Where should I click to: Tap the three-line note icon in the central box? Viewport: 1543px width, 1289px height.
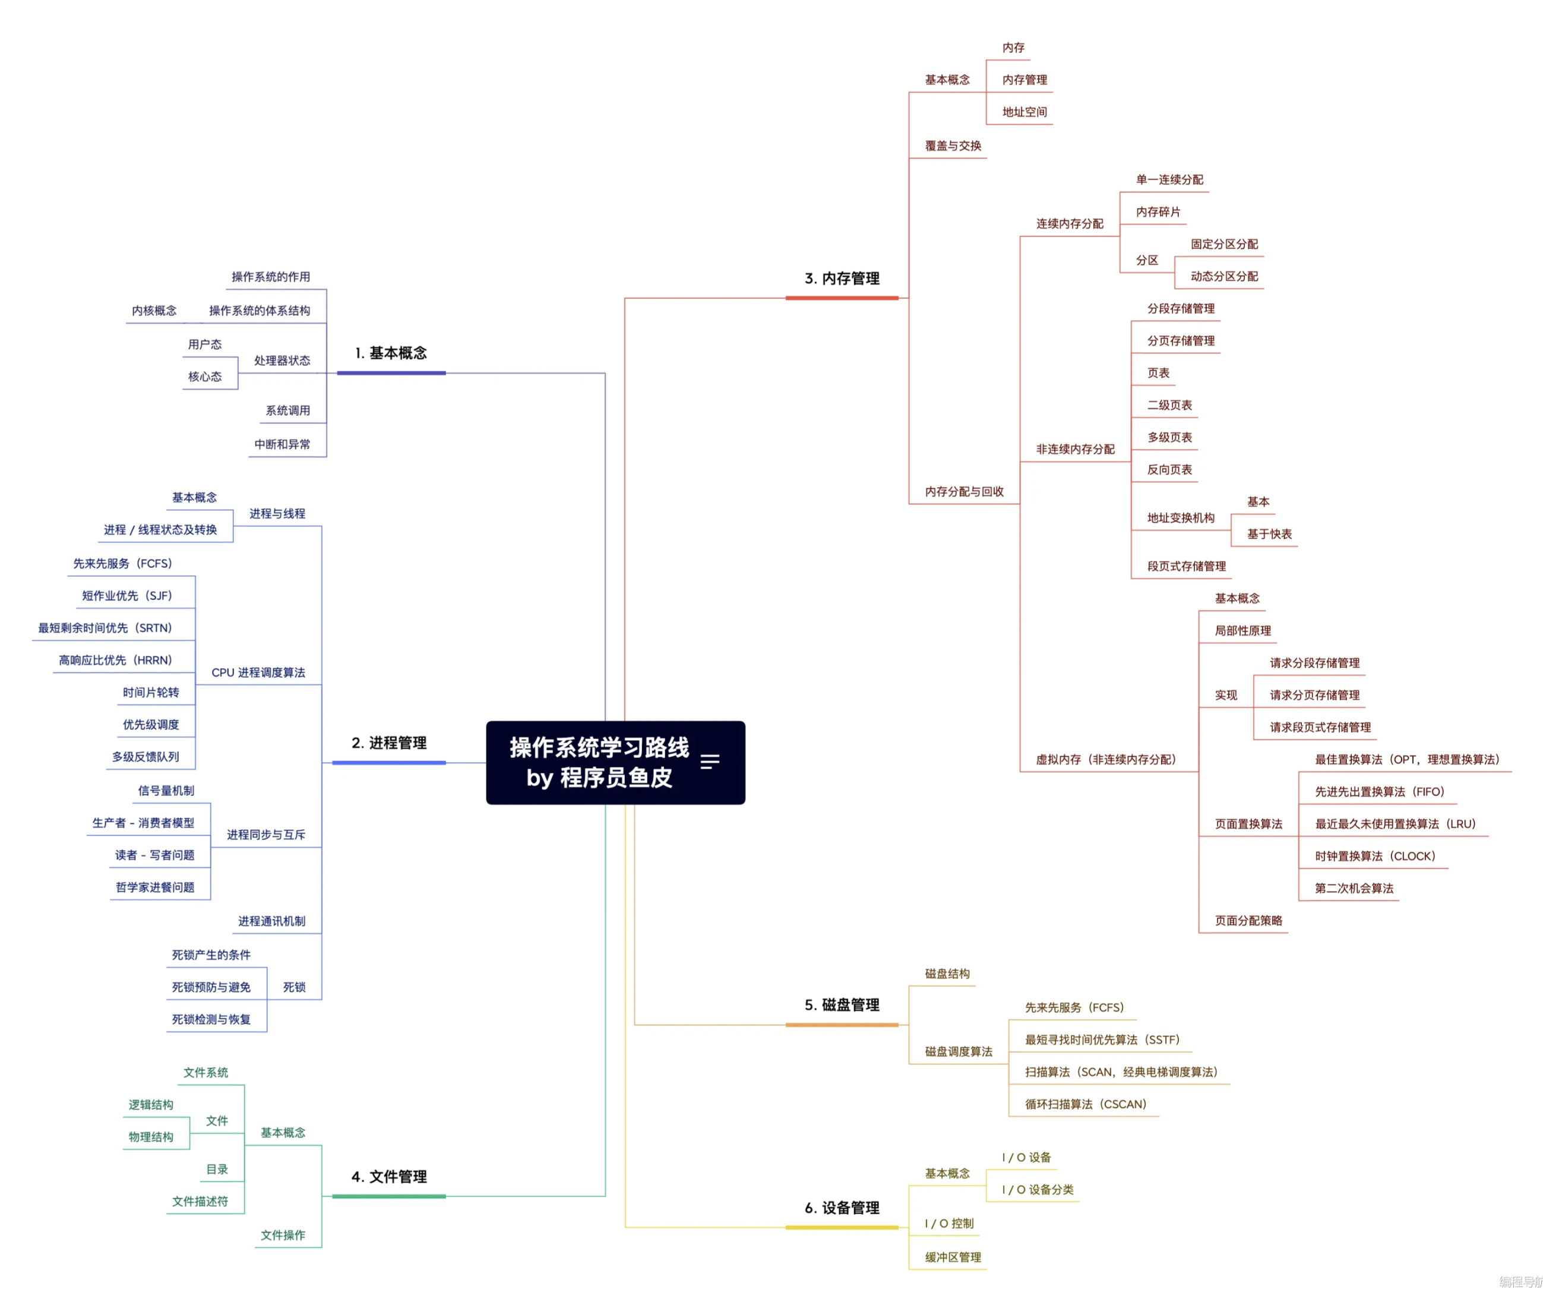(x=710, y=762)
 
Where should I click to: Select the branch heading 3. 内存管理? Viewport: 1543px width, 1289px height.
(x=842, y=279)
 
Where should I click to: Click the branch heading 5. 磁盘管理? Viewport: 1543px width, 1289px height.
(x=842, y=1004)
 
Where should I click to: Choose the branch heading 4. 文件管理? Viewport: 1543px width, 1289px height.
(x=388, y=1177)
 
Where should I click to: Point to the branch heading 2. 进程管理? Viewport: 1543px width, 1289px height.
(x=388, y=743)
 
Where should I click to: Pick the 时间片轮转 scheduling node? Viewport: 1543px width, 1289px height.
(x=151, y=692)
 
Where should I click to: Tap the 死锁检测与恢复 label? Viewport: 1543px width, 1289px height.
(x=211, y=1019)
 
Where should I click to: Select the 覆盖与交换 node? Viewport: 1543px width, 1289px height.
(x=953, y=146)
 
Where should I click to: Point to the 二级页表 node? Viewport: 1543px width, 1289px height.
(x=1170, y=405)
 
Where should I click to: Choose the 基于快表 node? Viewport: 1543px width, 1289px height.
(x=1269, y=534)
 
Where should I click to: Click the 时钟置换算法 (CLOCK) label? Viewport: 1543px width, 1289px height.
(x=1375, y=856)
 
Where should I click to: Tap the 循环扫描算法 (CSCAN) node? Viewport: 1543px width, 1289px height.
(x=1085, y=1104)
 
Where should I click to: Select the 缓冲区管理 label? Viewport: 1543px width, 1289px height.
(x=953, y=1258)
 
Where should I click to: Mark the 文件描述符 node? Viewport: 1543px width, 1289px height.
(x=200, y=1202)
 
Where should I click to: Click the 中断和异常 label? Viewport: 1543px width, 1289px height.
(x=282, y=444)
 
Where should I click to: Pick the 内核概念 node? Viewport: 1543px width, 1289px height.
(x=154, y=311)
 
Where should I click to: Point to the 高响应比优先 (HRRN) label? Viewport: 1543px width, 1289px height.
(x=115, y=660)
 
